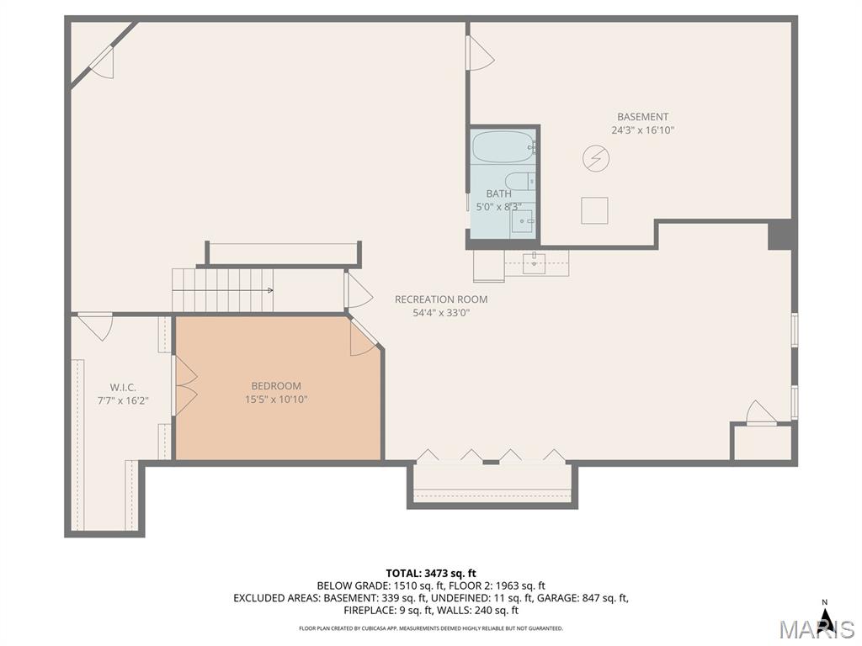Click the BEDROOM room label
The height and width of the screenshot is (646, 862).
pyautogui.click(x=276, y=386)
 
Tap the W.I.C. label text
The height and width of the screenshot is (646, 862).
pyautogui.click(x=123, y=388)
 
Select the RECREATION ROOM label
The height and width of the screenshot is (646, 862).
pyautogui.click(x=441, y=299)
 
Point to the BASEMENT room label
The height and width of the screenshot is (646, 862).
pyautogui.click(x=642, y=116)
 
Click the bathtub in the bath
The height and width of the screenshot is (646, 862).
pyautogui.click(x=503, y=146)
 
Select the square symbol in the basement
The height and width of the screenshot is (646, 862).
pyautogui.click(x=594, y=210)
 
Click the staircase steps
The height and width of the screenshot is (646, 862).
pyautogui.click(x=222, y=290)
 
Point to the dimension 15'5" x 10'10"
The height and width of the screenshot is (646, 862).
pyautogui.click(x=276, y=400)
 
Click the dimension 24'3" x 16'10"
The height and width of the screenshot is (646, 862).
pyautogui.click(x=642, y=130)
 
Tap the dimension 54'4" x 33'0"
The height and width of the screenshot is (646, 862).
pyautogui.click(x=441, y=313)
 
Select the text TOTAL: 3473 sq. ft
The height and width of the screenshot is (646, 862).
pyautogui.click(x=431, y=574)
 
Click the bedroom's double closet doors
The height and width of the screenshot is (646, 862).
pyautogui.click(x=185, y=386)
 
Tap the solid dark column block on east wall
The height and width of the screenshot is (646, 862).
pyautogui.click(x=780, y=236)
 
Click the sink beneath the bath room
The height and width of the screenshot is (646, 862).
pyautogui.click(x=534, y=263)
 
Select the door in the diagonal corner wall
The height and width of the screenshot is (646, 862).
pyautogui.click(x=102, y=61)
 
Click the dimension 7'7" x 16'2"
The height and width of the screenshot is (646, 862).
pyautogui.click(x=123, y=401)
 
